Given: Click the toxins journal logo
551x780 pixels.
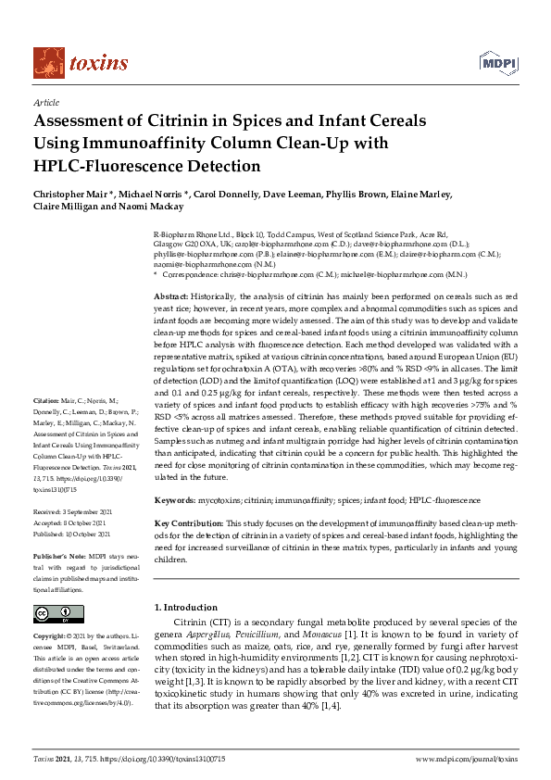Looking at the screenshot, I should (81, 62).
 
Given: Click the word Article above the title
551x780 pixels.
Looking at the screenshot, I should (46, 103).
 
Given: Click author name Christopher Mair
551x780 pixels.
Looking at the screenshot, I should (70, 195).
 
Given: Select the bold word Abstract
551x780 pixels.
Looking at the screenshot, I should (172, 295).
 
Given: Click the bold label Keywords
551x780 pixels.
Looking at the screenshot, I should (174, 499).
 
